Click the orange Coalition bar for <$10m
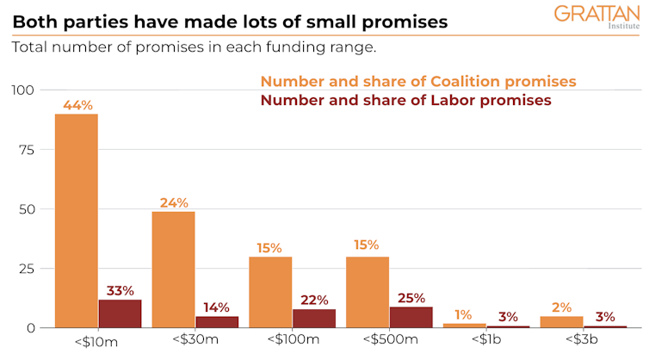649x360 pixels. tap(76, 220)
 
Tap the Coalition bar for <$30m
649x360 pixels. tap(173, 270)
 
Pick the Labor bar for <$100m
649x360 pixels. tap(314, 318)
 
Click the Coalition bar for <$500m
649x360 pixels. tap(368, 292)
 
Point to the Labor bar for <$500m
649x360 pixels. tap(411, 317)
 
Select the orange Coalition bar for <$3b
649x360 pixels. tap(562, 321)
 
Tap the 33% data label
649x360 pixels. tap(120, 291)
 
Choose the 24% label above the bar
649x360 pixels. tap(173, 203)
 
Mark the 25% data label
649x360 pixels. tap(411, 299)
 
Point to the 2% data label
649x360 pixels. tap(562, 307)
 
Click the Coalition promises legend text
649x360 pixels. tap(418, 82)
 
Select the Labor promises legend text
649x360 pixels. tap(405, 101)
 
